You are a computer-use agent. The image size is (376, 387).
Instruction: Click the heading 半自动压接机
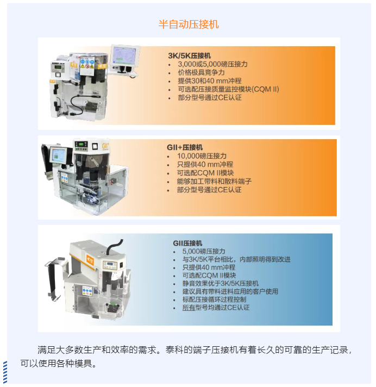[188, 24]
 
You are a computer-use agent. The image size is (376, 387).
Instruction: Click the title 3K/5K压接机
[189, 56]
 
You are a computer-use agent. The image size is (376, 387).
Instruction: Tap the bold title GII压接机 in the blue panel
[187, 243]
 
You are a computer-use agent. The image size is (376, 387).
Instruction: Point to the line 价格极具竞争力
[201, 72]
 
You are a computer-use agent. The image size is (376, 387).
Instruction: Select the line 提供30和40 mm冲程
[209, 80]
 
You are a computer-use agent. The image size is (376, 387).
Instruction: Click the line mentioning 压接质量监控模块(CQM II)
[228, 89]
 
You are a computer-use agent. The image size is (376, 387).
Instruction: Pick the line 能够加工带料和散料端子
[214, 181]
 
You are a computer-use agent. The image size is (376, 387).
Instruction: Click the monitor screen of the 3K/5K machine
[124, 56]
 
